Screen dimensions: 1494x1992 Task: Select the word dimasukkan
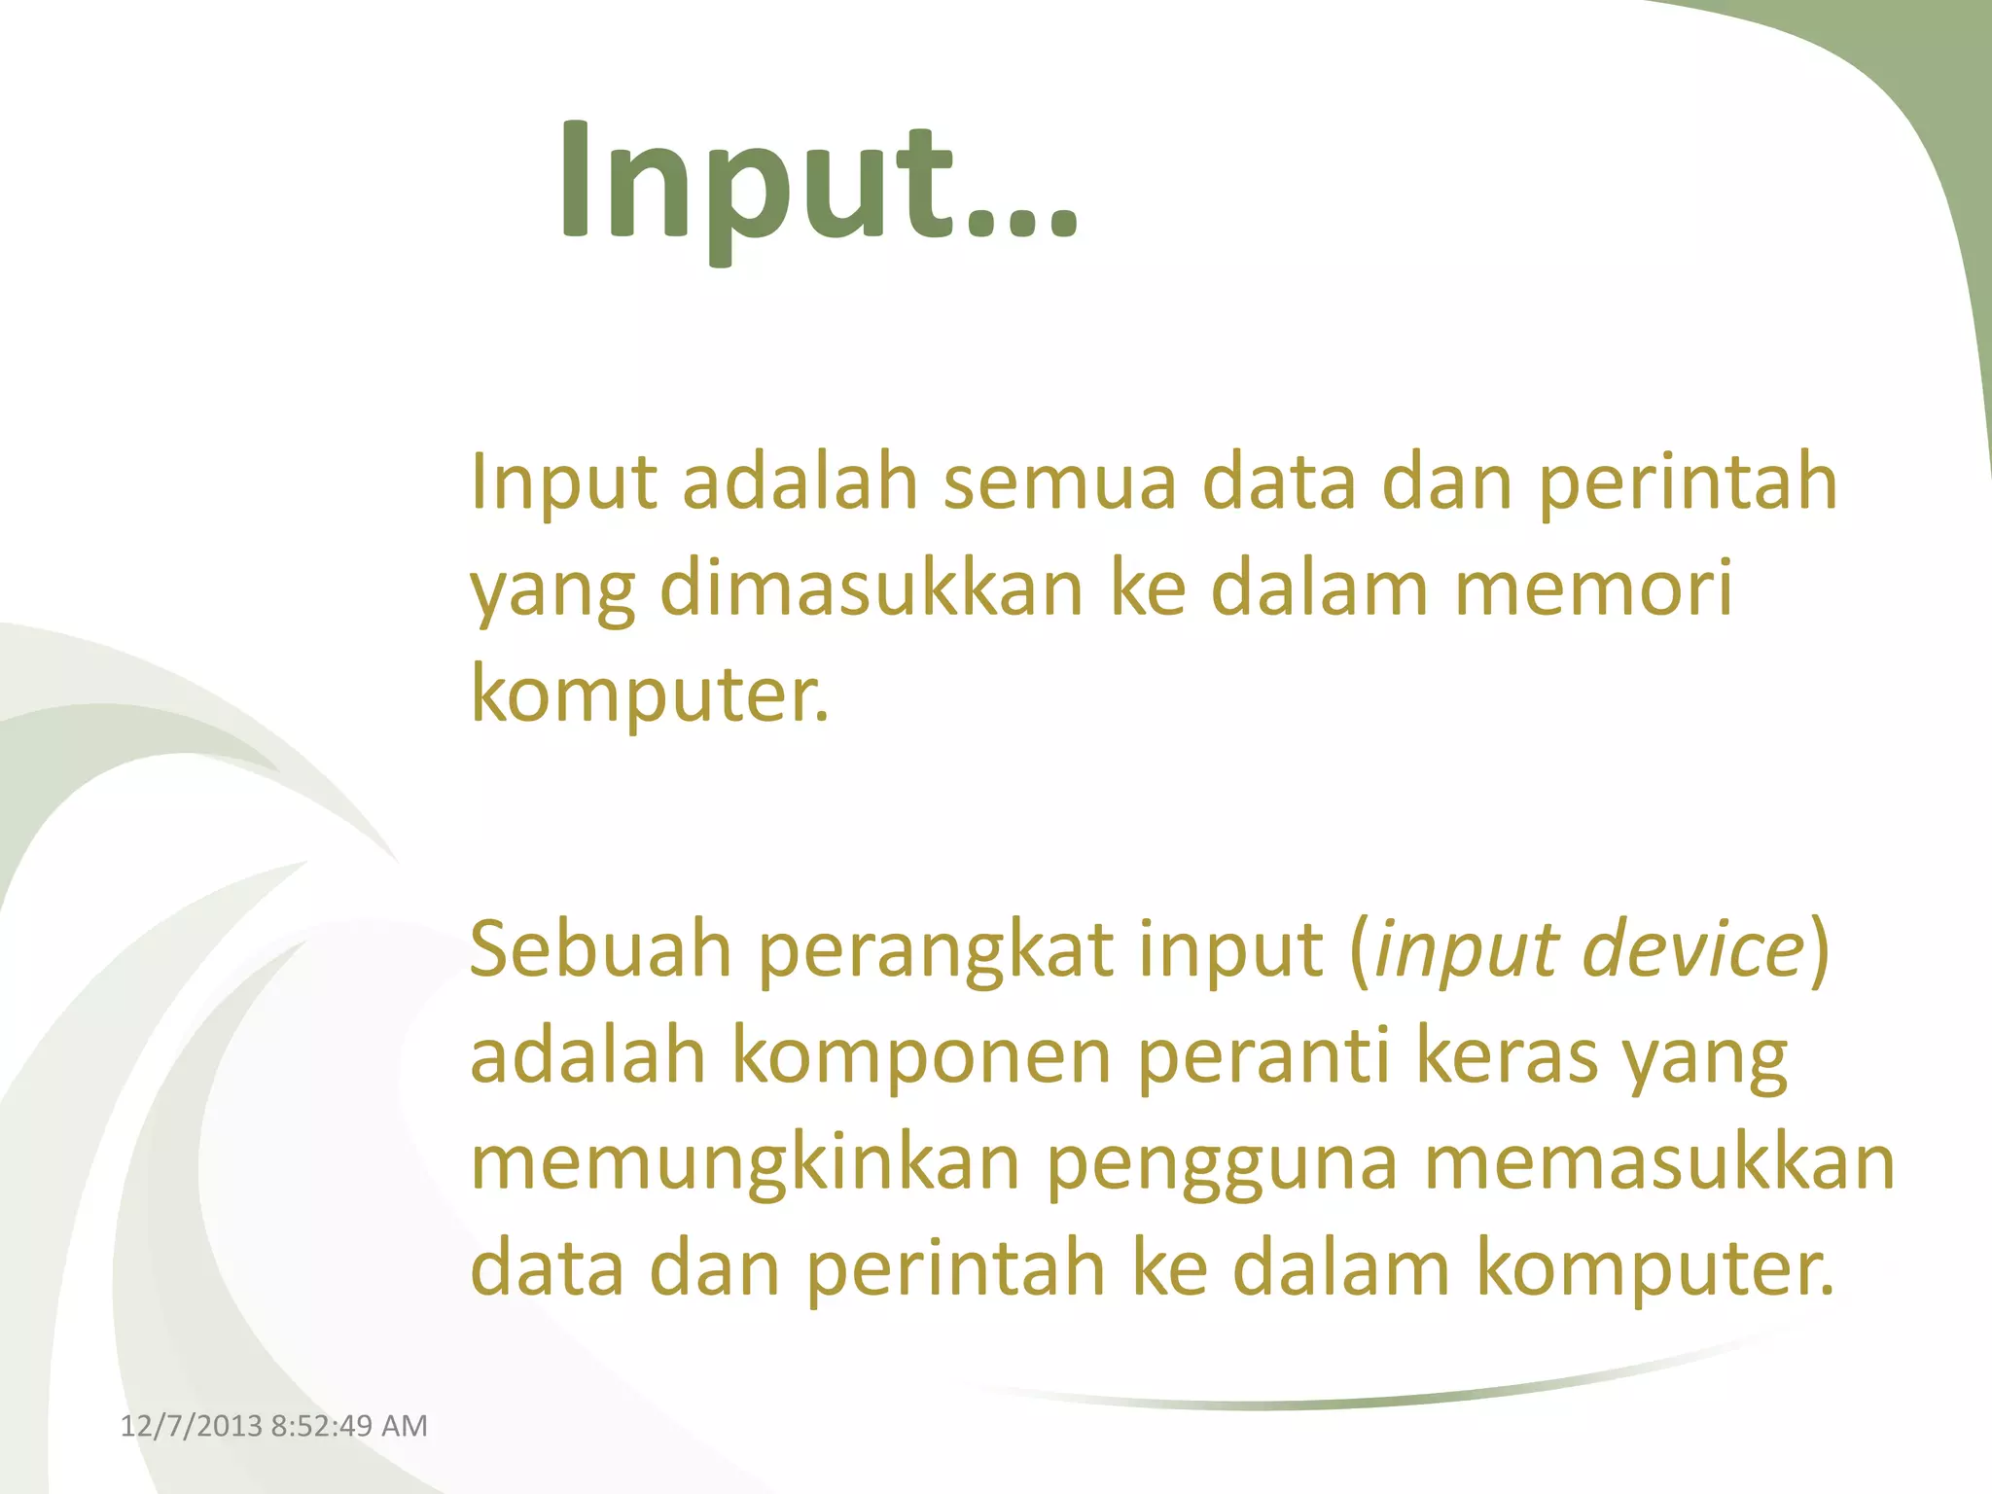click(871, 588)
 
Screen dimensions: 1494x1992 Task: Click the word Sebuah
click(600, 948)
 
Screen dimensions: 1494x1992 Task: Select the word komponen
click(921, 1058)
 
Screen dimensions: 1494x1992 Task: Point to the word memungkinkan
click(744, 1165)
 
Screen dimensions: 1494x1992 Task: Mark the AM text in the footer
click(405, 1426)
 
